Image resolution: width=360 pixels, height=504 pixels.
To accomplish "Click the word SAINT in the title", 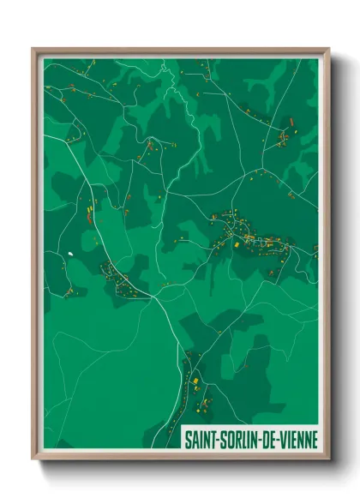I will click(x=201, y=440).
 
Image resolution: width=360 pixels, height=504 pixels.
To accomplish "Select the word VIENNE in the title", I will click(x=296, y=440).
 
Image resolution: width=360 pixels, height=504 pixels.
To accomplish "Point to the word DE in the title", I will click(x=268, y=440).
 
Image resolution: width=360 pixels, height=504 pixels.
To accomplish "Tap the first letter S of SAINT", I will click(x=189, y=440).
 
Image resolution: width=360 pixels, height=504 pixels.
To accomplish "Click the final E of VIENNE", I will click(x=314, y=440).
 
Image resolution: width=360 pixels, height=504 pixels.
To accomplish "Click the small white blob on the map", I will click(x=68, y=254).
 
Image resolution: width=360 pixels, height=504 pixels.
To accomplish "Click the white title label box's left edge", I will click(x=183, y=440).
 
